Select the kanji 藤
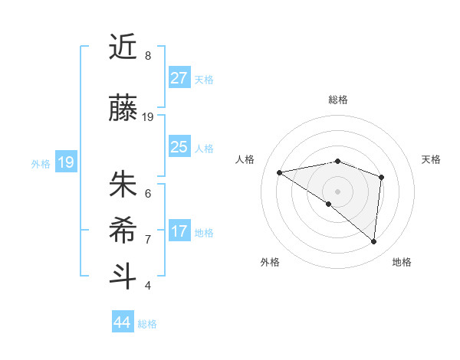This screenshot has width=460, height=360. pos(123,109)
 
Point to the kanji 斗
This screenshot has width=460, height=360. pos(123,277)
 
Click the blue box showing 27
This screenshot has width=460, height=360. pos(179,78)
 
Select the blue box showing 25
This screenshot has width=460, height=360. pos(179,147)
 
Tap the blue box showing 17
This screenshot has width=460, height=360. pos(179,231)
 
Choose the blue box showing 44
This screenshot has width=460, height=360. pos(123,322)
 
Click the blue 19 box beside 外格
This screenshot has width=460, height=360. pos(65,162)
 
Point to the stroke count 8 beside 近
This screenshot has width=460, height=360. pos(148,56)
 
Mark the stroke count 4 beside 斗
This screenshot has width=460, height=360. pos(148,286)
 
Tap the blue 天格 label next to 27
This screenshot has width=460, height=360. pos(204,79)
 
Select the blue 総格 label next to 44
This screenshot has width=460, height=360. pos(147,324)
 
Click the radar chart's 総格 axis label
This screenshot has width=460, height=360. pos(337,100)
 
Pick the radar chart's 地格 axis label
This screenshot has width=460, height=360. pos(402,263)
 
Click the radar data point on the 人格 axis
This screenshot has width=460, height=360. pos(280,172)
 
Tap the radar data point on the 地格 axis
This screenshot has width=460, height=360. pos(373,242)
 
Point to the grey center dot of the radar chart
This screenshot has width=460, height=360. pos(337,190)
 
